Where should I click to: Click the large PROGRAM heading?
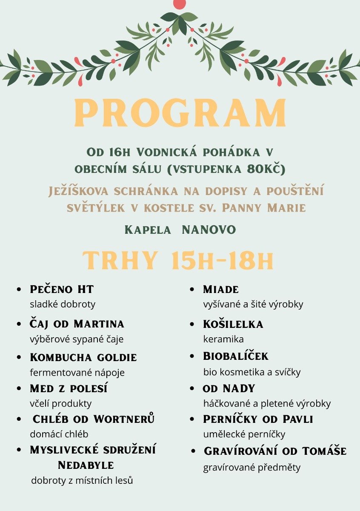pyautogui.click(x=180, y=113)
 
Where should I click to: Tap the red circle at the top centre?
pyautogui.click(x=180, y=3)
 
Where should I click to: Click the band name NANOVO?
pyautogui.click(x=209, y=230)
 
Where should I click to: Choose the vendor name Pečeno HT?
pyautogui.click(x=62, y=290)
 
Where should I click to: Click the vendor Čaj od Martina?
pyautogui.click(x=77, y=324)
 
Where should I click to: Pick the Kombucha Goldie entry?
pyautogui.click(x=83, y=357)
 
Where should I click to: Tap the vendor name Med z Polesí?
pyautogui.click(x=69, y=388)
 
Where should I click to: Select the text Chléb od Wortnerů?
pyautogui.click(x=94, y=419)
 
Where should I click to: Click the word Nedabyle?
pyautogui.click(x=86, y=465)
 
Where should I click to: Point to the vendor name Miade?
pyautogui.click(x=221, y=290)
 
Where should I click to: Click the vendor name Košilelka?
pyautogui.click(x=233, y=324)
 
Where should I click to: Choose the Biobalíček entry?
pyautogui.click(x=236, y=356)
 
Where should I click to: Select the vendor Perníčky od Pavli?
pyautogui.click(x=258, y=419)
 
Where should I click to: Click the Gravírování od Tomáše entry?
pyautogui.click(x=275, y=451)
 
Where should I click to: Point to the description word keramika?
pyautogui.click(x=223, y=339)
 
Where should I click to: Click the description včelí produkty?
pyautogui.click(x=60, y=403)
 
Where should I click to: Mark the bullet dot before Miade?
pyautogui.click(x=193, y=290)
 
